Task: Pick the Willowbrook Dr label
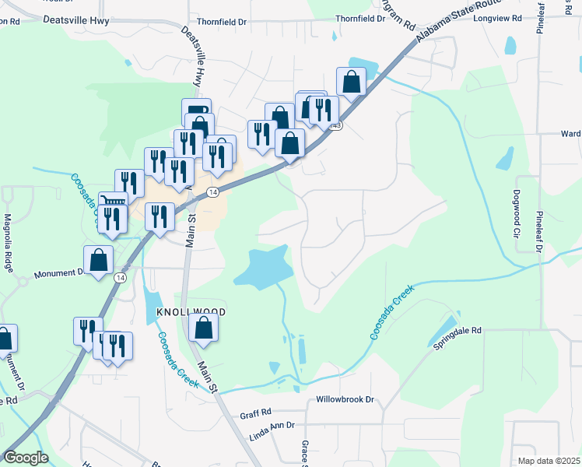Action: tap(345, 399)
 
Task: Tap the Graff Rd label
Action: tap(255, 413)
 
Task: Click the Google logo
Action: tap(26, 458)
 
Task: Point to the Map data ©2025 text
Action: tap(549, 461)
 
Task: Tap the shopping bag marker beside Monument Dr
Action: tap(99, 260)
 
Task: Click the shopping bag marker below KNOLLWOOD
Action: tap(203, 328)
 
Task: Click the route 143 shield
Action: tap(336, 125)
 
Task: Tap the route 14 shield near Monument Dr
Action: tap(120, 277)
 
